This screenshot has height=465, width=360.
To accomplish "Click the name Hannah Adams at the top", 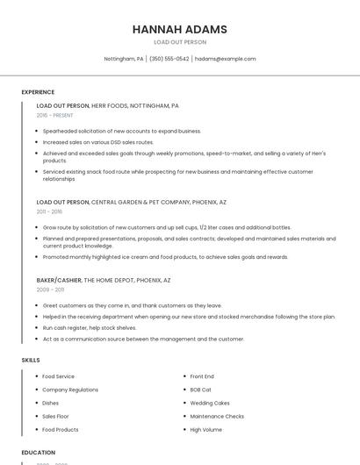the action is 179,29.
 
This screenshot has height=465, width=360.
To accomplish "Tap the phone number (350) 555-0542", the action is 169,59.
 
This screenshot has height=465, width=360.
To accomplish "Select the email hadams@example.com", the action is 225,59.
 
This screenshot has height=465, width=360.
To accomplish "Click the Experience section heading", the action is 38,92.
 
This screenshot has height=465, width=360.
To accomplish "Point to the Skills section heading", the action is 31,360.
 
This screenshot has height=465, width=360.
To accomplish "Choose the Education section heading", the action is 39,452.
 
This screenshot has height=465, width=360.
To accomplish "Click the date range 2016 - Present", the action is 54,115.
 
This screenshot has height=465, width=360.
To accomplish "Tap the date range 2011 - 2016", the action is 49,211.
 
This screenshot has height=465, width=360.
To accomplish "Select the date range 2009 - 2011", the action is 50,289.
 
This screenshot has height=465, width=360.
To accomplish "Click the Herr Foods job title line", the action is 107,105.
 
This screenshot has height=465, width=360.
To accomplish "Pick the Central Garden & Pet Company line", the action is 131,202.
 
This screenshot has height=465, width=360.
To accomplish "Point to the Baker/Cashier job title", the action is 59,280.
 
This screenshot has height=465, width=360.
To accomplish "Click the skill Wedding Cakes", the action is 209,403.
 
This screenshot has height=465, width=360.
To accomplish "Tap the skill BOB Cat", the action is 201,390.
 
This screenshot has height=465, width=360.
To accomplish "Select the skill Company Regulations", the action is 70,390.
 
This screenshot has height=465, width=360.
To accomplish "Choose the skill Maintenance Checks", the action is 217,416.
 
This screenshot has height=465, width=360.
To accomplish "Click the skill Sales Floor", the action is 55,416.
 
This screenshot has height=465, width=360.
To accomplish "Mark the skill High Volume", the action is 206,430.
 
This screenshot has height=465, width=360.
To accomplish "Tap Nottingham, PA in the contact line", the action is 124,59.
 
